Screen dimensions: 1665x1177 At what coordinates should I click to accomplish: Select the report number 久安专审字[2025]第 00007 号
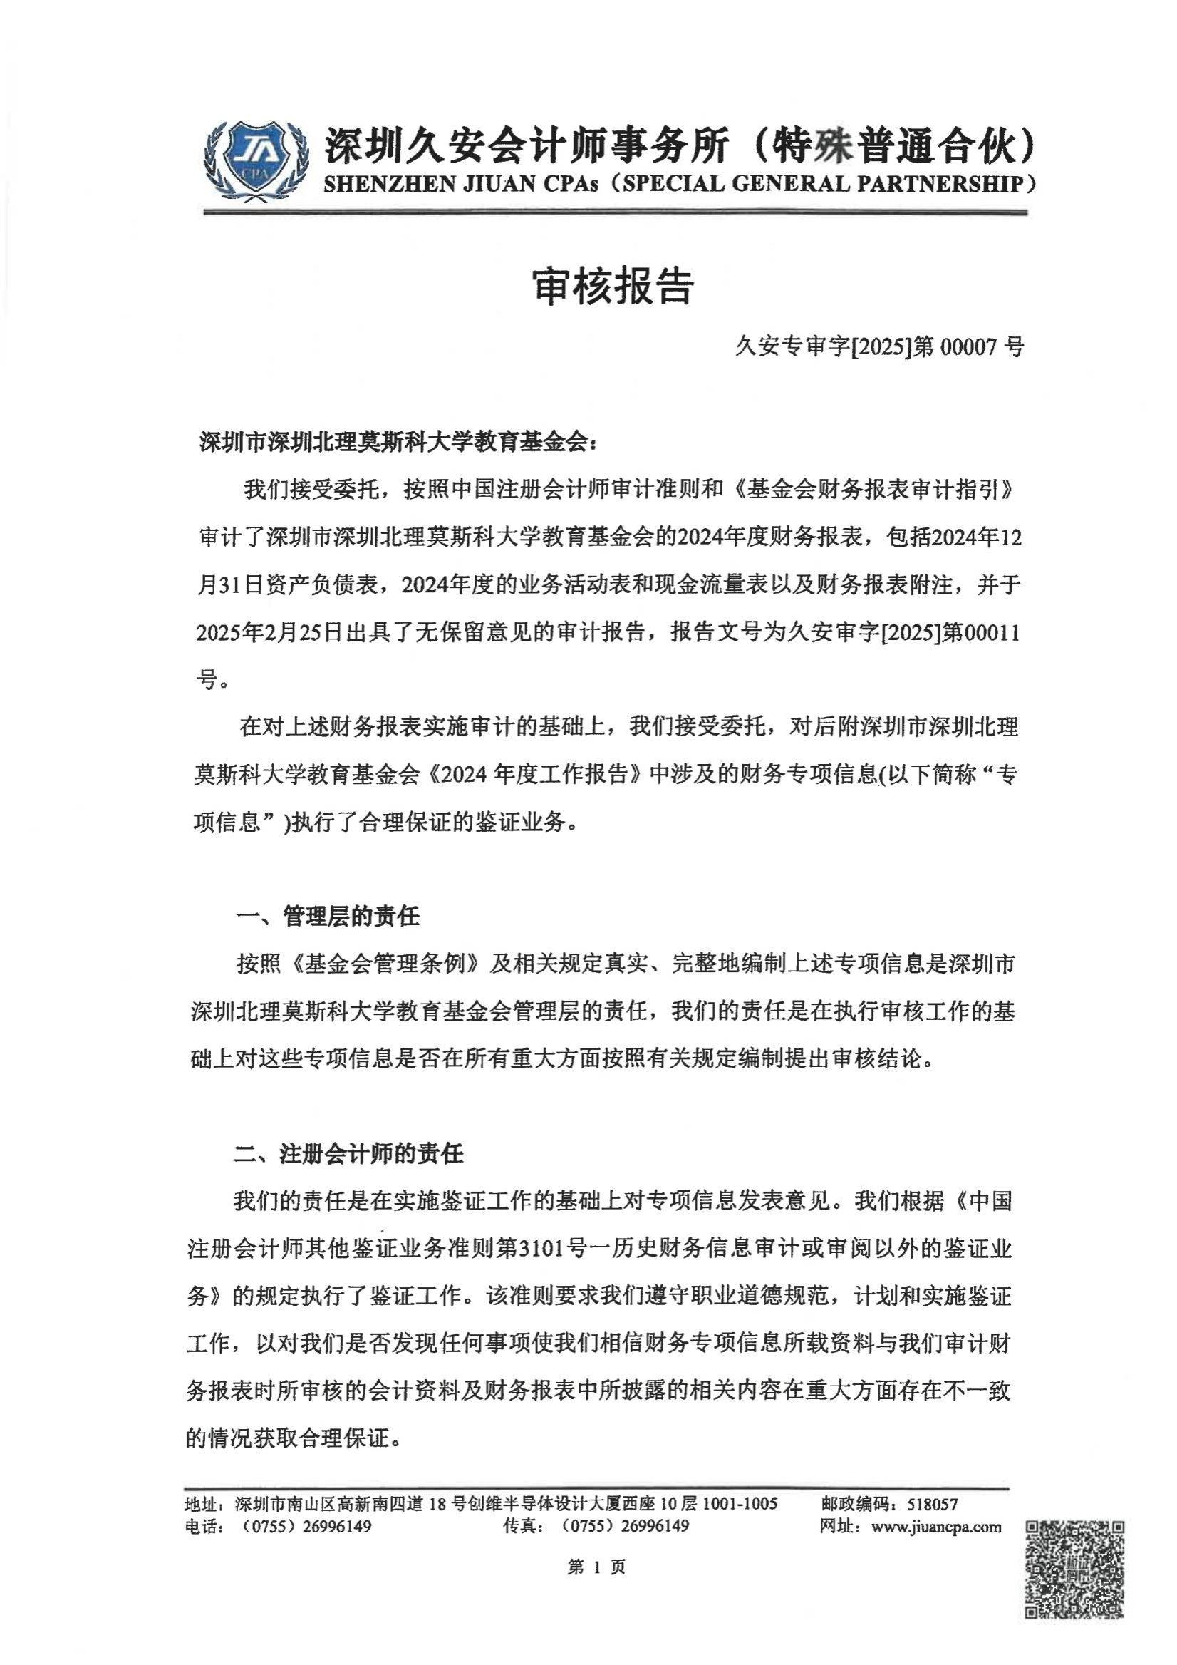click(x=880, y=348)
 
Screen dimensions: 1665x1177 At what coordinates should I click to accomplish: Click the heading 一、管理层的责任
click(x=328, y=917)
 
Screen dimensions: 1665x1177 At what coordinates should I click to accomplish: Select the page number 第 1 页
click(x=596, y=1568)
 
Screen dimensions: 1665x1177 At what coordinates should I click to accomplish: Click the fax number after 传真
click(x=625, y=1527)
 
